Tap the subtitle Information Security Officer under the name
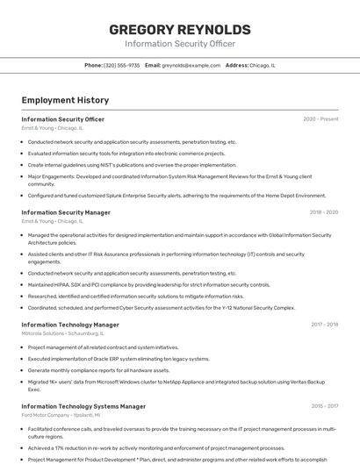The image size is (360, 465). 179,43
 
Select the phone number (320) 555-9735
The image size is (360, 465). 121,65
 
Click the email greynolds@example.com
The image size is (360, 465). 191,65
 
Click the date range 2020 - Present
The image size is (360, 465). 320,119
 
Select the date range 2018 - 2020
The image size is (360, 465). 323,212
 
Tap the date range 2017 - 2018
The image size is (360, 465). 324,325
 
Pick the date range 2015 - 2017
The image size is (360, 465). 324,406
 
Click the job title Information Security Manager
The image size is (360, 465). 66,212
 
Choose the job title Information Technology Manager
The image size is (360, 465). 69,325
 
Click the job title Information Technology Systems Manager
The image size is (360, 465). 83,406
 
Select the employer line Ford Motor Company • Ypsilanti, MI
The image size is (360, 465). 59,415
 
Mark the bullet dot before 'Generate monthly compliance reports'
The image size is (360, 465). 22,370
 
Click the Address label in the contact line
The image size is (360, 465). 236,65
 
